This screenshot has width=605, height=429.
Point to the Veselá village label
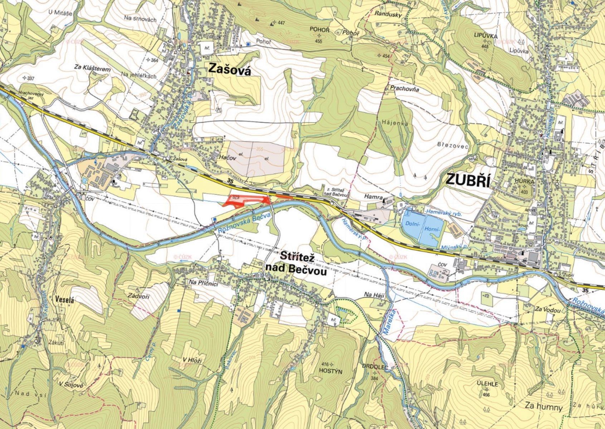[x=64, y=300]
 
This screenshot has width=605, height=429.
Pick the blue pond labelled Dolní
[x=412, y=224]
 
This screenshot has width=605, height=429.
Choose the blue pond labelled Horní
[x=432, y=229]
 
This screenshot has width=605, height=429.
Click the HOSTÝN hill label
[x=331, y=371]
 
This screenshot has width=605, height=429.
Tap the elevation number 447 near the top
[x=281, y=23]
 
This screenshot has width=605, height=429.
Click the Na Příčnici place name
[x=203, y=283]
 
